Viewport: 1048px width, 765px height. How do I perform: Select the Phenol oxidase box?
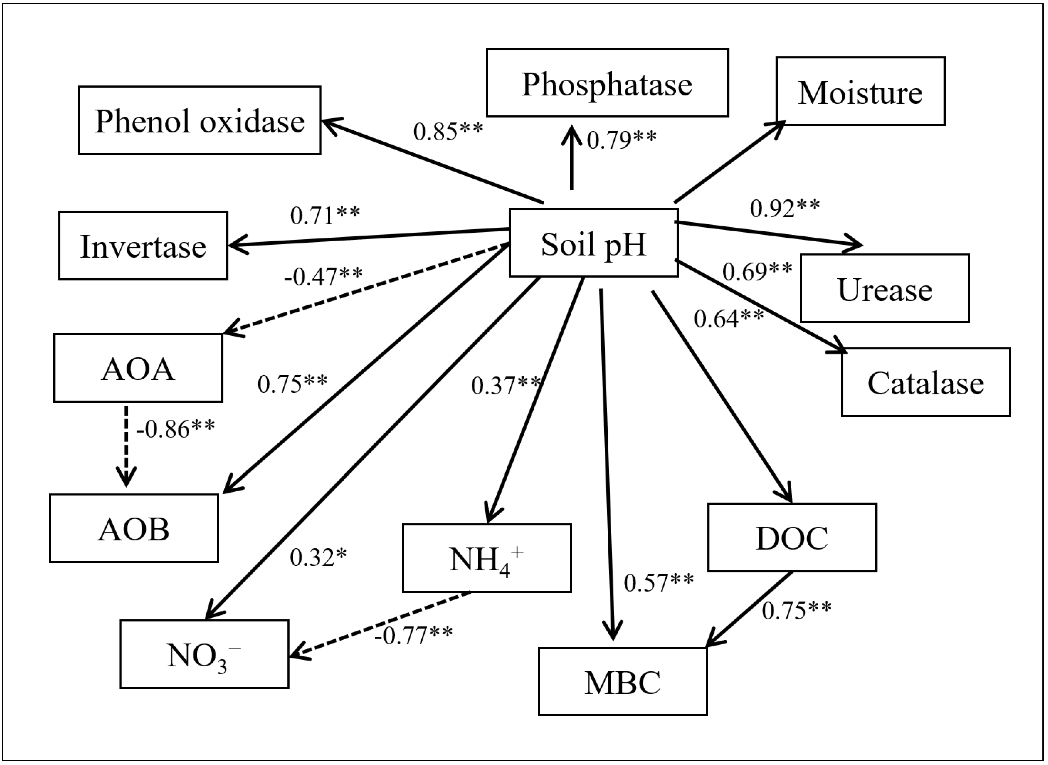pyautogui.click(x=200, y=121)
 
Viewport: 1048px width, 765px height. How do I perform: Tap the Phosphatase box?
pyautogui.click(x=607, y=83)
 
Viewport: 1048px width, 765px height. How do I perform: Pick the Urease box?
pyautogui.click(x=885, y=289)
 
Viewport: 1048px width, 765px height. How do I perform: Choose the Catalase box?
pyautogui.click(x=926, y=382)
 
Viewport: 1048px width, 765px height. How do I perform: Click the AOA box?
pyautogui.click(x=138, y=368)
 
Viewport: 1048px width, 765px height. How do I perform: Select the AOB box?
pyautogui.click(x=134, y=528)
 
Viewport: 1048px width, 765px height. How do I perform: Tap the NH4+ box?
pyautogui.click(x=487, y=558)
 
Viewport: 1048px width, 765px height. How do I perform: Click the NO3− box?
pyautogui.click(x=204, y=654)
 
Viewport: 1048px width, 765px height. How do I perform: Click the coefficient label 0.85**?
pyautogui.click(x=448, y=131)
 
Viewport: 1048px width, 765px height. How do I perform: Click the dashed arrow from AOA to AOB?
pyautogui.click(x=126, y=445)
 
